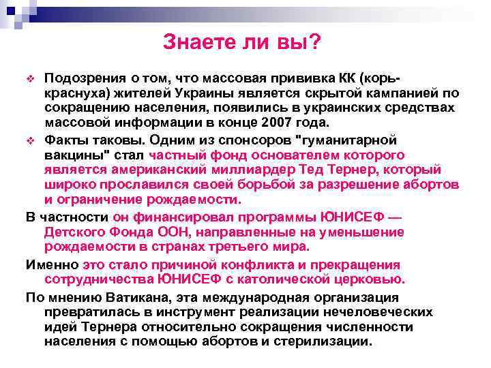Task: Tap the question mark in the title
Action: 316,42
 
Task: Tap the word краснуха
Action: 72,91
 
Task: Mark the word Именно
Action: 52,264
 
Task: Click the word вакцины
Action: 68,155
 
